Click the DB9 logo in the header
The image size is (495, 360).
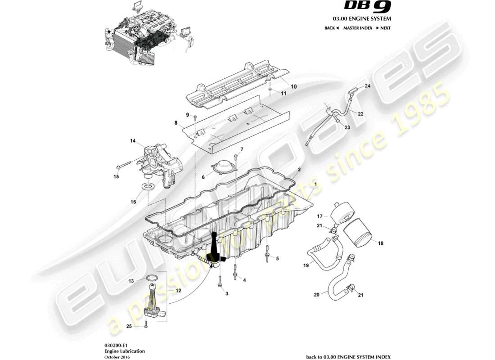pos(368,6)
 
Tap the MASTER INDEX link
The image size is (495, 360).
pos(357,28)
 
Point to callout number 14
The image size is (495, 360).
pos(133,141)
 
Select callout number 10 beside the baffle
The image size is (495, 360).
pos(294,86)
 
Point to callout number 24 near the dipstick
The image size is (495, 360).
pos(368,85)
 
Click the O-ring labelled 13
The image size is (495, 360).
pos(153,278)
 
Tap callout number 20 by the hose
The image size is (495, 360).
pos(317,295)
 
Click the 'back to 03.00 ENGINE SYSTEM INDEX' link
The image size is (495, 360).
pos(348,357)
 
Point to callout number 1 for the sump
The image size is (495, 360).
pos(315,184)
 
